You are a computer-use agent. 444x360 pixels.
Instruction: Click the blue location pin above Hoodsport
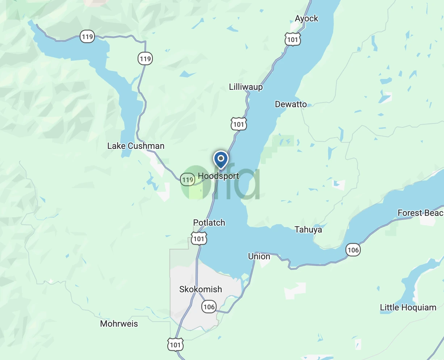(221, 159)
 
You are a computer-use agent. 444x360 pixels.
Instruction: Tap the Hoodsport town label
(218, 176)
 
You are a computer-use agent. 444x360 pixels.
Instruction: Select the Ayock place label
(306, 18)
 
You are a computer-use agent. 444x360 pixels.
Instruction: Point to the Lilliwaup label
(246, 87)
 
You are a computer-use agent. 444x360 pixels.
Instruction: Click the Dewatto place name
(291, 104)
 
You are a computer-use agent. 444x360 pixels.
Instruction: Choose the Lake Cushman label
(136, 146)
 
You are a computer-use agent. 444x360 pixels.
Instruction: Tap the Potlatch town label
(209, 223)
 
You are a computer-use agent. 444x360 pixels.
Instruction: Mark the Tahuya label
(308, 230)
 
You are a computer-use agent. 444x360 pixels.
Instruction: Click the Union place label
(259, 256)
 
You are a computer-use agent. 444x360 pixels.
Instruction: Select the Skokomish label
(201, 289)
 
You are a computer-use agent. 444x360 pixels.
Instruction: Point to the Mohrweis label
(119, 324)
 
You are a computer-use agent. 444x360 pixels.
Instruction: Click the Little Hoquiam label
(408, 307)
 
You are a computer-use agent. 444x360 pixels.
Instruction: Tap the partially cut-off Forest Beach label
(420, 213)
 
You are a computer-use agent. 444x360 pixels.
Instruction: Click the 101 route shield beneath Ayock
(293, 39)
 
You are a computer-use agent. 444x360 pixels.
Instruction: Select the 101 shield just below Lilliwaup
(239, 124)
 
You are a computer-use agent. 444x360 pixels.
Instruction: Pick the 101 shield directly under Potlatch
(199, 239)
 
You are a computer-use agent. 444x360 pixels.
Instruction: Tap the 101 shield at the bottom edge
(175, 344)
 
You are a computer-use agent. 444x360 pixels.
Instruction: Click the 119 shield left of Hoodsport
(188, 180)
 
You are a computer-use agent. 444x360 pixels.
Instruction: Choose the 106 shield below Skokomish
(209, 307)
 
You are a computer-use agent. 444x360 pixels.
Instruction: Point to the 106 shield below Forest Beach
(353, 250)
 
